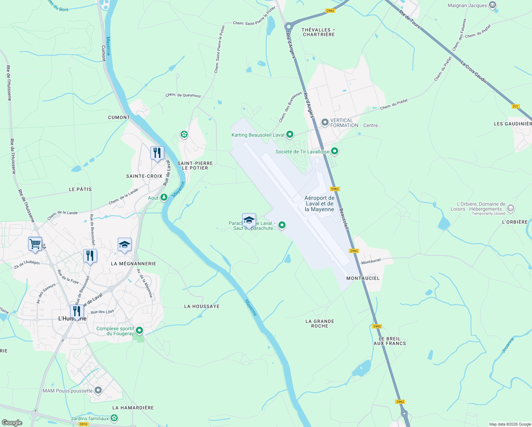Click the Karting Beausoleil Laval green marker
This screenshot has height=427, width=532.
point(290,135)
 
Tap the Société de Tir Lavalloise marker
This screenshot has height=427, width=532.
point(334,151)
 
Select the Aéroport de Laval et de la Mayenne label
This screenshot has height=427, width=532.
point(319,204)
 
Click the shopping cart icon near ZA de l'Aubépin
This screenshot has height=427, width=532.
point(35,244)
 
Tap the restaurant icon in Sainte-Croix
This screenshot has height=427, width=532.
point(157,153)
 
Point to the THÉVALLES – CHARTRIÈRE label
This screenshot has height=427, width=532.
point(319,32)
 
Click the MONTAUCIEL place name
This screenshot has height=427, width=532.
point(363,278)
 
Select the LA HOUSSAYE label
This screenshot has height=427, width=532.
point(202,306)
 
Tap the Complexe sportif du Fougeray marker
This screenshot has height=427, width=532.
point(139,331)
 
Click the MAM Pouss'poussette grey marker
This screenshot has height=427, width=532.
point(98,390)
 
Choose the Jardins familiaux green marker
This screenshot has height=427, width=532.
point(115,418)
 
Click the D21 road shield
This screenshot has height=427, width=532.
point(515,106)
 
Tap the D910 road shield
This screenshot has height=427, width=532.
point(83,424)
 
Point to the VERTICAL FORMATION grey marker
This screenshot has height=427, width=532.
point(325,123)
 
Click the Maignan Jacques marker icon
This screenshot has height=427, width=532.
point(493,5)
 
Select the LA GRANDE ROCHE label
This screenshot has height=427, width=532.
point(320,323)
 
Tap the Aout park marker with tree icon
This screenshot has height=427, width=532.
point(164,197)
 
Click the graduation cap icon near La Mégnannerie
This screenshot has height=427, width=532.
point(124,245)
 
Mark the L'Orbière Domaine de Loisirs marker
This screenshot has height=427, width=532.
point(510,208)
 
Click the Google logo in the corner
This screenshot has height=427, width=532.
point(12,422)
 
